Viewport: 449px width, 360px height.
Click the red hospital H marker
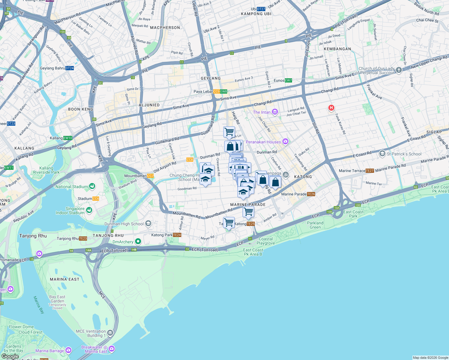331,108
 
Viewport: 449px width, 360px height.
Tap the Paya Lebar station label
203,91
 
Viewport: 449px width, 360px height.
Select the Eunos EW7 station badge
288,80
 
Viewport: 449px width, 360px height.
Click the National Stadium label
71,187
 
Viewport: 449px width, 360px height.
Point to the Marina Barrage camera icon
68,350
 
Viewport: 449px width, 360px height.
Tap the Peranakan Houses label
263,142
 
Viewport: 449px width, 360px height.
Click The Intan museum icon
275,112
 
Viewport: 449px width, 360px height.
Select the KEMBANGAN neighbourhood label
337,49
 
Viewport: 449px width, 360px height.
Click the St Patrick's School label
404,154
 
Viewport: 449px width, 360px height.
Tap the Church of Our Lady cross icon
399,70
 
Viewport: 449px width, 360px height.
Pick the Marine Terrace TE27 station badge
370,171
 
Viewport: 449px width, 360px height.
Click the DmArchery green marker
138,241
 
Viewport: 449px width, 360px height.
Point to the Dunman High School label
124,224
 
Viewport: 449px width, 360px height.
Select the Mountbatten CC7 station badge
150,176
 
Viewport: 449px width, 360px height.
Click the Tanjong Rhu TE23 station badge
83,238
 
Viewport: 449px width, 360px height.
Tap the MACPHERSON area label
165,28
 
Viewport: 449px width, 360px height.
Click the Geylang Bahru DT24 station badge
70,68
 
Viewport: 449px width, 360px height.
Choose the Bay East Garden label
57,299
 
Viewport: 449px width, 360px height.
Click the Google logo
10,356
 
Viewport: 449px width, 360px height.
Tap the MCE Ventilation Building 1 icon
110,333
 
